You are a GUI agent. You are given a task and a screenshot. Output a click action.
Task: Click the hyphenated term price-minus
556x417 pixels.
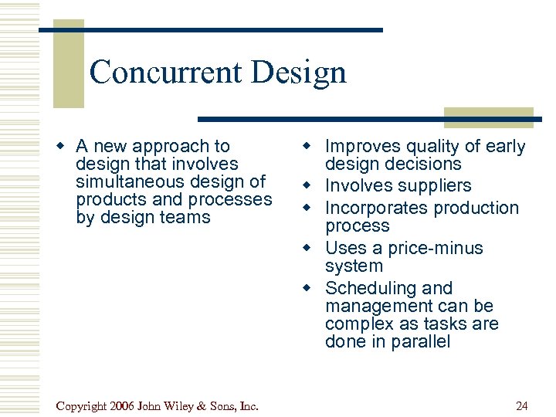(435, 248)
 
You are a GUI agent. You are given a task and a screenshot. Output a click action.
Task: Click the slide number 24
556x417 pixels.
(521, 406)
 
